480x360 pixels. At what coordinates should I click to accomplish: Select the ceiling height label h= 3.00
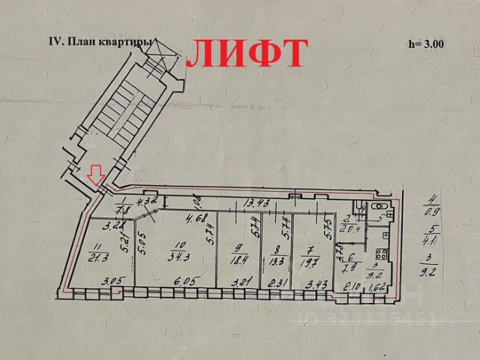426,43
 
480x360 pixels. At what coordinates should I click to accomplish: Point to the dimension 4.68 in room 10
196,218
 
